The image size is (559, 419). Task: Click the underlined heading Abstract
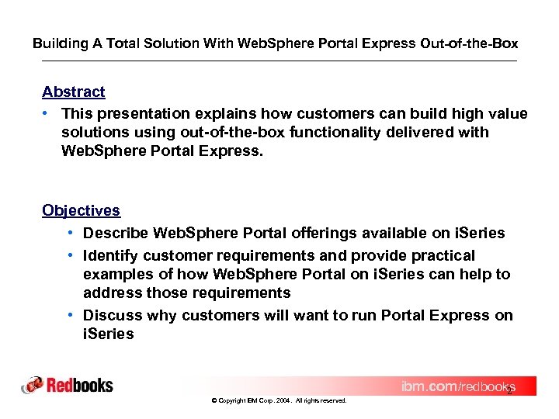(x=74, y=92)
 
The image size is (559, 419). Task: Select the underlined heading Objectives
(x=81, y=211)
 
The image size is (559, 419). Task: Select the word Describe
(x=116, y=234)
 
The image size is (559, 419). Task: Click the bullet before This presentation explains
(x=47, y=114)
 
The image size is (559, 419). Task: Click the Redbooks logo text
(x=80, y=386)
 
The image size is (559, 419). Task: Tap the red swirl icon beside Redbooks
(x=33, y=386)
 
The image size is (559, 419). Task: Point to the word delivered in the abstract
(x=427, y=133)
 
